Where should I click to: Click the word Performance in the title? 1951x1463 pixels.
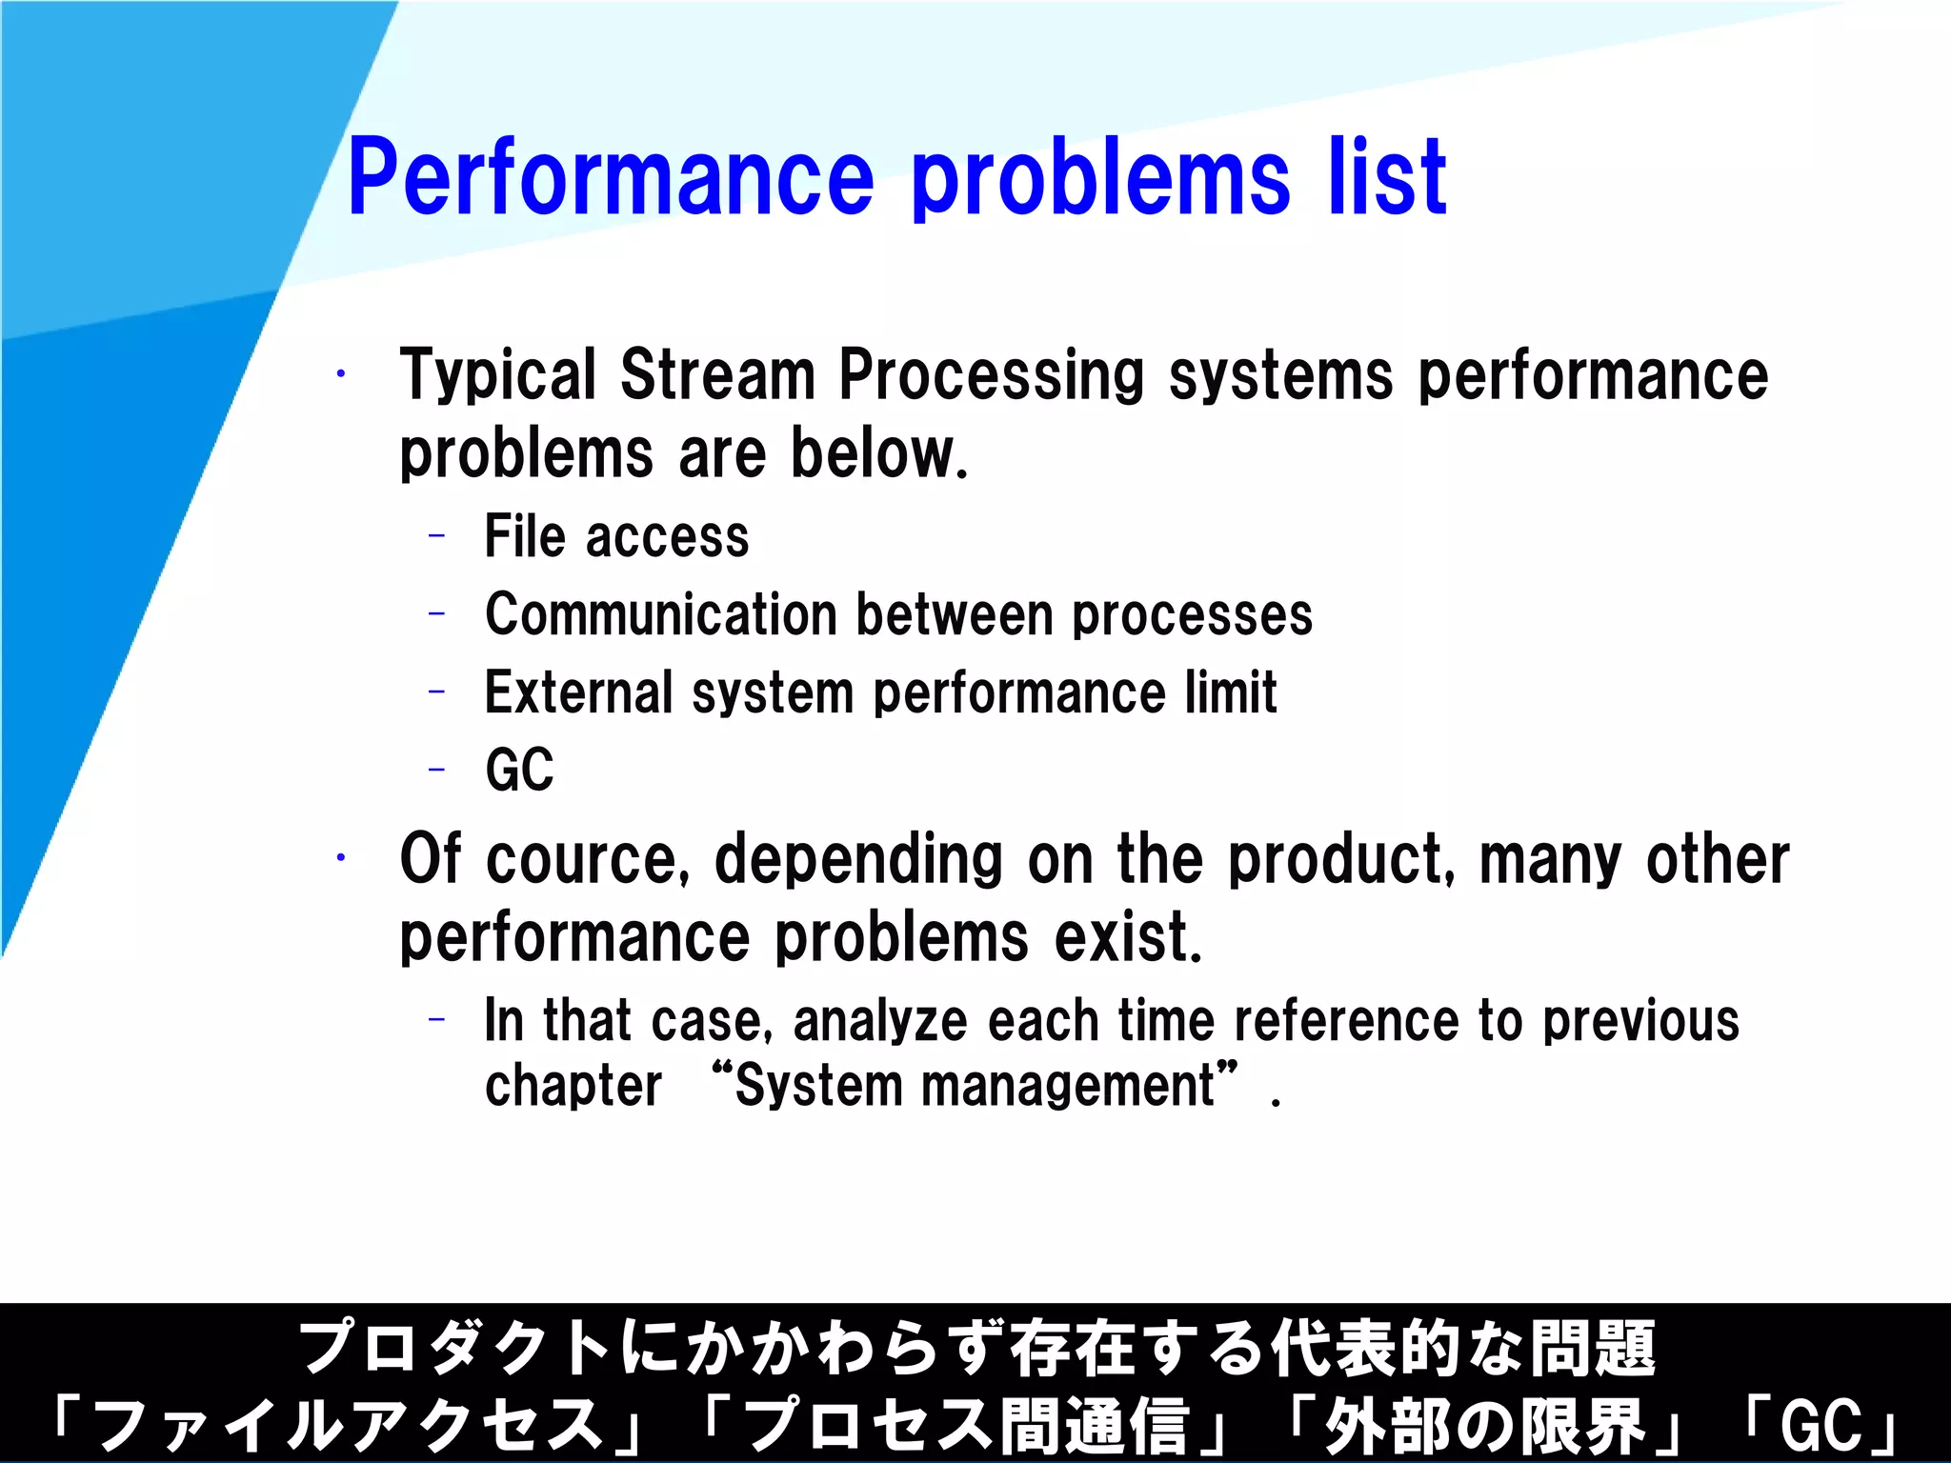click(611, 178)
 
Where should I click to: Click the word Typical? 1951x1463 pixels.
click(497, 376)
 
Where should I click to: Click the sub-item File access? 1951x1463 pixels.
click(616, 536)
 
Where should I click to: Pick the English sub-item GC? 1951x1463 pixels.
click(519, 770)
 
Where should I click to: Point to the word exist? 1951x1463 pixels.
click(1128, 937)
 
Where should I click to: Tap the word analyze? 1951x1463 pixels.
click(880, 1022)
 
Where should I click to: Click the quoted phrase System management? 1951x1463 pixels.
click(975, 1086)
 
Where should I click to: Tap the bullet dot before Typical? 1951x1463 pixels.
click(340, 374)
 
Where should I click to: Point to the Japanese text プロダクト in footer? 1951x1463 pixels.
click(455, 1349)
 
